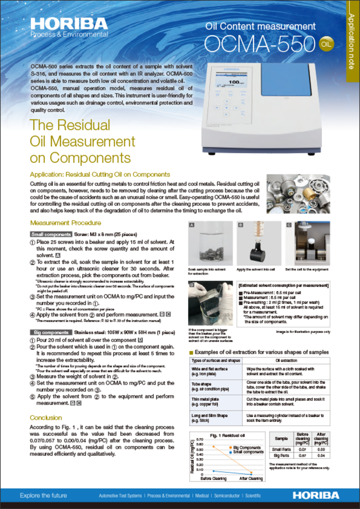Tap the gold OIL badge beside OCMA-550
point(326,44)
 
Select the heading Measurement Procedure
point(65,223)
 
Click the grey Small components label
point(51,233)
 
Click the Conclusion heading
point(46,418)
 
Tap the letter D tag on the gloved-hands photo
point(192,284)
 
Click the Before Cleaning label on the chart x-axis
point(214,478)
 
